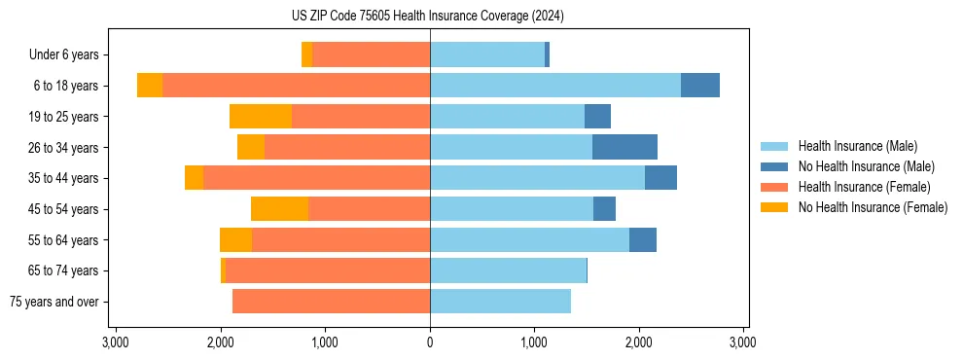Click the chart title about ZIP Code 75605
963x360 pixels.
[429, 17]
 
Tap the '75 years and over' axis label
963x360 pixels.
[54, 302]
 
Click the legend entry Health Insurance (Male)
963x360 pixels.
[857, 146]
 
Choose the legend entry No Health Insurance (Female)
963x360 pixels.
[873, 207]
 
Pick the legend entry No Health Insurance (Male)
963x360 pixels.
[866, 166]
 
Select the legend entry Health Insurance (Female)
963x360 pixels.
[865, 187]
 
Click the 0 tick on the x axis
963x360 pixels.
[430, 343]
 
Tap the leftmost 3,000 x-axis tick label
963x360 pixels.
[116, 343]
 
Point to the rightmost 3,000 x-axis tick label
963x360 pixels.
[743, 343]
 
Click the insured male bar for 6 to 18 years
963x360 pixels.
[555, 86]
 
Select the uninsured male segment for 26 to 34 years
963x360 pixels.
[624, 147]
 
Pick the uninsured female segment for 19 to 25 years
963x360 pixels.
[261, 117]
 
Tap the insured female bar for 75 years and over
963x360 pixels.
[331, 302]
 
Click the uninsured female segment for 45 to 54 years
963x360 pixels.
[279, 209]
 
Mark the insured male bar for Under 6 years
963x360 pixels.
[487, 54]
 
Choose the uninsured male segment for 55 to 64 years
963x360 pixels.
[643, 239]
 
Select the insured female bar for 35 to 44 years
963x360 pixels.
[316, 178]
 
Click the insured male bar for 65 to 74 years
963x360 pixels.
[508, 270]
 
